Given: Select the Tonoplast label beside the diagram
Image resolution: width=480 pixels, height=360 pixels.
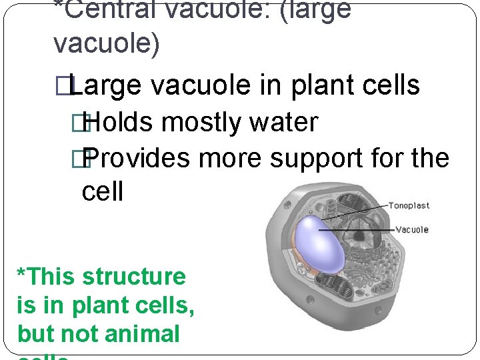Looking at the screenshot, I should click(409, 205).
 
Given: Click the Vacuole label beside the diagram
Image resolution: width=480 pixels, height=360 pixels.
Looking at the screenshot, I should click(412, 230).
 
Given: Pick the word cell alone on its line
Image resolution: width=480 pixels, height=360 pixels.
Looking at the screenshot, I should click(103, 192).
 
